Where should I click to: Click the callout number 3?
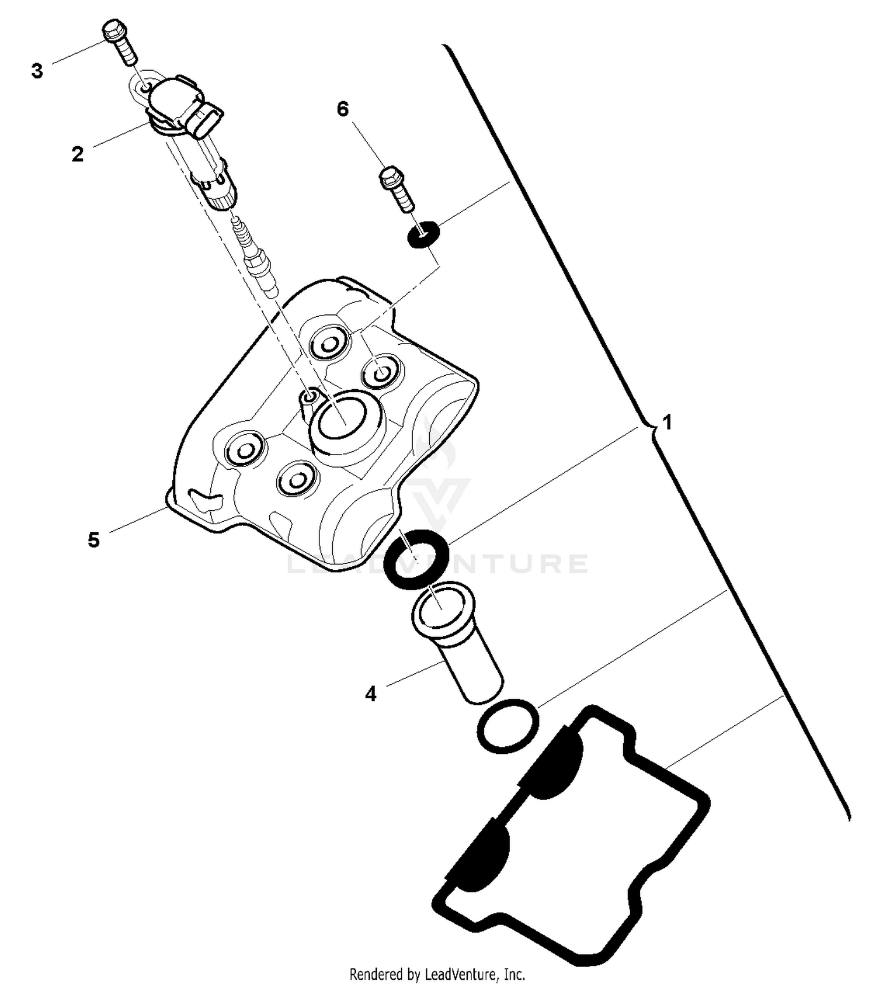[x=37, y=71]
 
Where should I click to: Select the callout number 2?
[x=78, y=155]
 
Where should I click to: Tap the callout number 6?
[x=343, y=109]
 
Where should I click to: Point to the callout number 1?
[x=666, y=422]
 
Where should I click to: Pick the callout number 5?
[x=94, y=540]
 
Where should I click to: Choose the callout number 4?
[x=371, y=694]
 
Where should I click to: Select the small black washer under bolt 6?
[x=422, y=234]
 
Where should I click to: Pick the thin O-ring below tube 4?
[x=507, y=726]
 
